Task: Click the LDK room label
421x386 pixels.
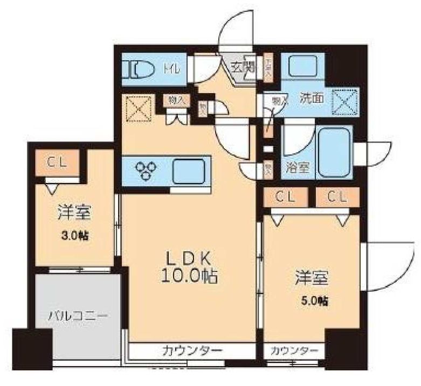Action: pyautogui.click(x=187, y=257)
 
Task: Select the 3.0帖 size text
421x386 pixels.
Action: pyautogui.click(x=74, y=235)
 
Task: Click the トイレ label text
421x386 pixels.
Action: pyautogui.click(x=174, y=69)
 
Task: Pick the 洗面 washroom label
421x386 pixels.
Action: pyautogui.click(x=311, y=99)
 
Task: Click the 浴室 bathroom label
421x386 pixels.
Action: pyautogui.click(x=298, y=167)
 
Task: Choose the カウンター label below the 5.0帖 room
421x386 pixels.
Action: pyautogui.click(x=294, y=351)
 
